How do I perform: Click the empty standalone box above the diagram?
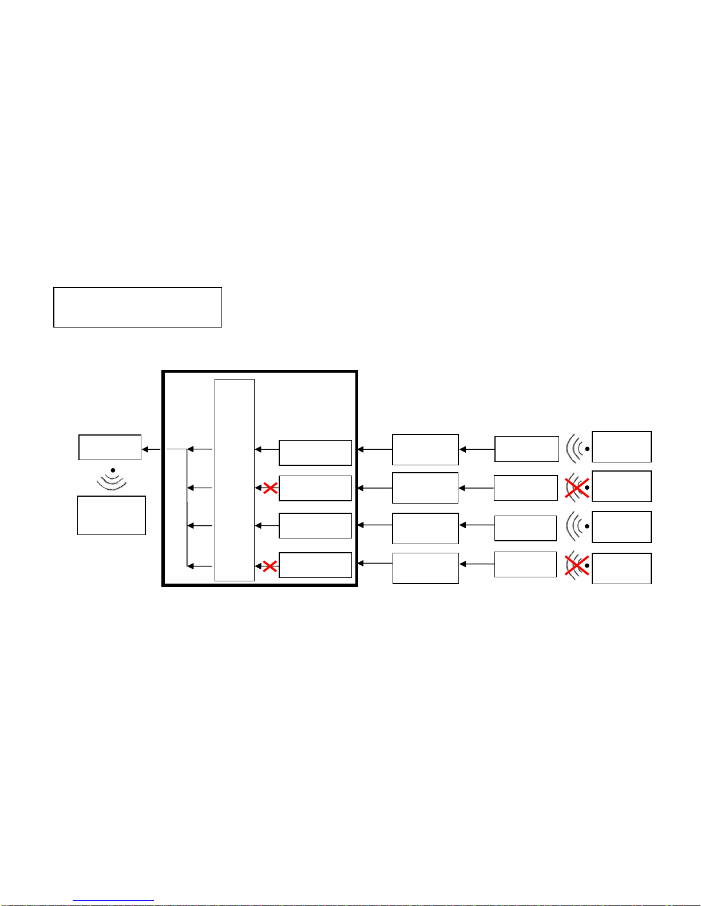point(137,307)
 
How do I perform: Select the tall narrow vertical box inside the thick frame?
point(234,480)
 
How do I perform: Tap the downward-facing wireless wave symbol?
point(112,480)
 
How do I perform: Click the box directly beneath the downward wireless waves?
point(112,515)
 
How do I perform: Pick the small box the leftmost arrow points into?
point(110,447)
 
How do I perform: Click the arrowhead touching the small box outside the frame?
point(145,449)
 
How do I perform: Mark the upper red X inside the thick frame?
point(270,488)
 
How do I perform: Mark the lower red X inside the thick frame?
point(270,566)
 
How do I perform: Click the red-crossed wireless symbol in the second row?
point(577,488)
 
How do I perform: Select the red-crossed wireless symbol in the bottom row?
point(577,566)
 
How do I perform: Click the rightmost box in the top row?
point(621,446)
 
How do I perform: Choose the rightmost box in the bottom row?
point(621,568)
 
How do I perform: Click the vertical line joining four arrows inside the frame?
point(187,508)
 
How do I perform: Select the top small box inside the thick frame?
point(315,453)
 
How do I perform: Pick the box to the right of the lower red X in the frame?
point(315,565)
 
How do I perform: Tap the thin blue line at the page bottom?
point(113,901)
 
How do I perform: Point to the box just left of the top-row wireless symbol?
point(526,449)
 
